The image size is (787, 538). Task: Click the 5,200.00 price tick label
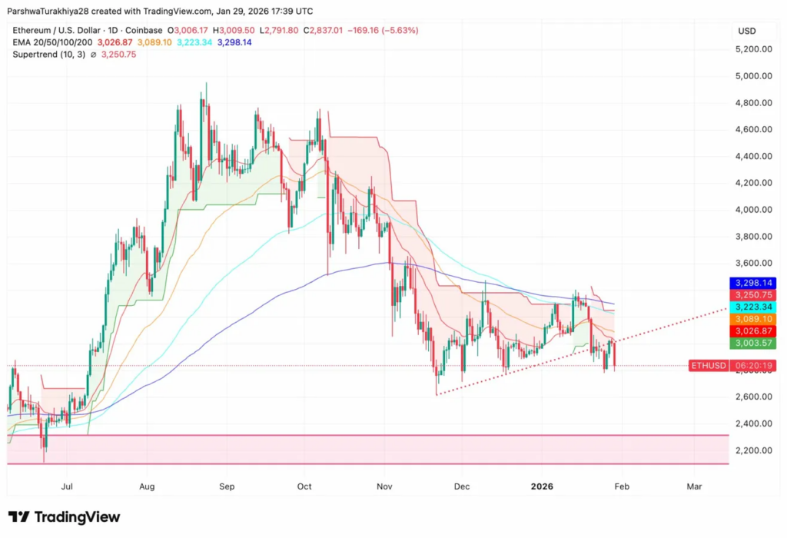(x=754, y=49)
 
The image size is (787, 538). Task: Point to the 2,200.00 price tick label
(x=754, y=450)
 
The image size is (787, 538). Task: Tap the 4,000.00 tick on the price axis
(x=754, y=210)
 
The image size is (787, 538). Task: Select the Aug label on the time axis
(x=148, y=487)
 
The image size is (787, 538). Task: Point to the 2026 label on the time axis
(x=543, y=487)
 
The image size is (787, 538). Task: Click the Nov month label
(x=385, y=487)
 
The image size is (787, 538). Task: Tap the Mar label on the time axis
(x=694, y=487)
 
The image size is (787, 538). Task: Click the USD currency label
(x=746, y=31)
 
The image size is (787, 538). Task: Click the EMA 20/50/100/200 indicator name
(x=51, y=42)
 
